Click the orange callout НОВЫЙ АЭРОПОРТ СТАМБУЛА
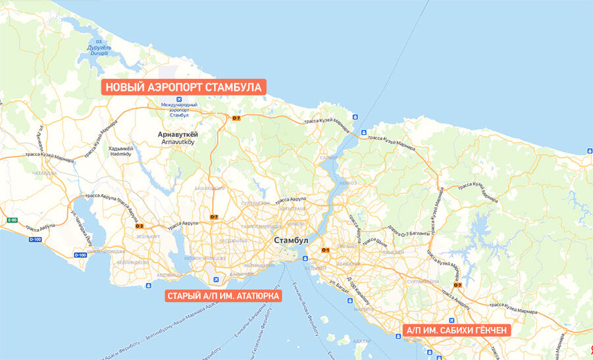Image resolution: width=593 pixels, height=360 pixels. coord(184,87)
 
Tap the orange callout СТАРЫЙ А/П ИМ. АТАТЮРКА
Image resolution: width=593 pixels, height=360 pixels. coord(223,296)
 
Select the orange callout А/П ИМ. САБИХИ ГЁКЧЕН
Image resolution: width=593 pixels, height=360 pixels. coord(456,330)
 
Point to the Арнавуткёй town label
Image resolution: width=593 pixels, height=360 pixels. coord(178,135)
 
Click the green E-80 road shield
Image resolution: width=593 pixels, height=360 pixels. coord(11,220)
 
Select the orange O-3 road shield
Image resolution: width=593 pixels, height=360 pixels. coord(139,226)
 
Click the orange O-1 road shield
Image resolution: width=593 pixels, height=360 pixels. coord(325,250)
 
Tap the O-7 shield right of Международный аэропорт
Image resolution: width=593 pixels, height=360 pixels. coord(236,118)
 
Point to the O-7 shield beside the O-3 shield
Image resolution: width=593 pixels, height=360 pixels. coord(214,217)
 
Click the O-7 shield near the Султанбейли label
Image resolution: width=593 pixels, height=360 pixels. coord(457,285)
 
